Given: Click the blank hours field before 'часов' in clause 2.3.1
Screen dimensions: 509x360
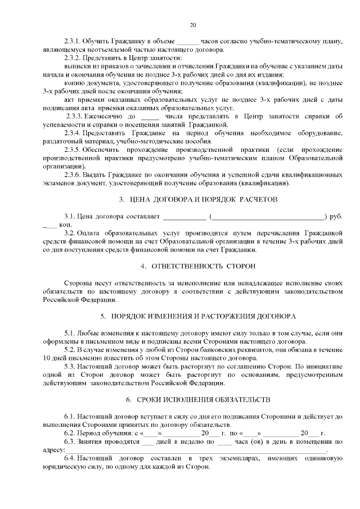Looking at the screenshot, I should click(188, 42).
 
